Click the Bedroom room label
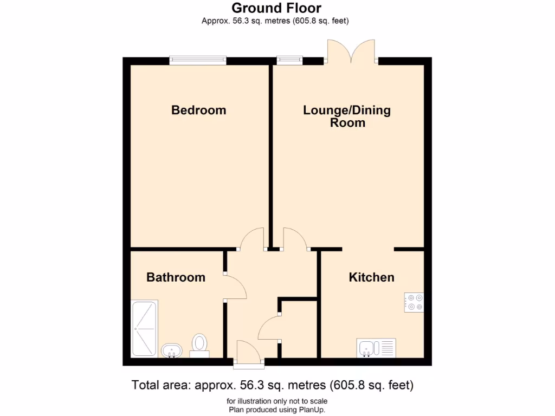click(198, 110)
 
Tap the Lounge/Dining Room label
click(347, 116)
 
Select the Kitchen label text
click(371, 277)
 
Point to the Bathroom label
click(176, 277)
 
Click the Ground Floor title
click(276, 8)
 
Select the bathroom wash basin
click(172, 350)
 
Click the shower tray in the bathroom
click(144, 329)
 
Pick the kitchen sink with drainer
click(377, 347)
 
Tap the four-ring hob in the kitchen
click(414, 302)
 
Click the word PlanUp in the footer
click(313, 409)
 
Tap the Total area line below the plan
click(273, 386)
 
